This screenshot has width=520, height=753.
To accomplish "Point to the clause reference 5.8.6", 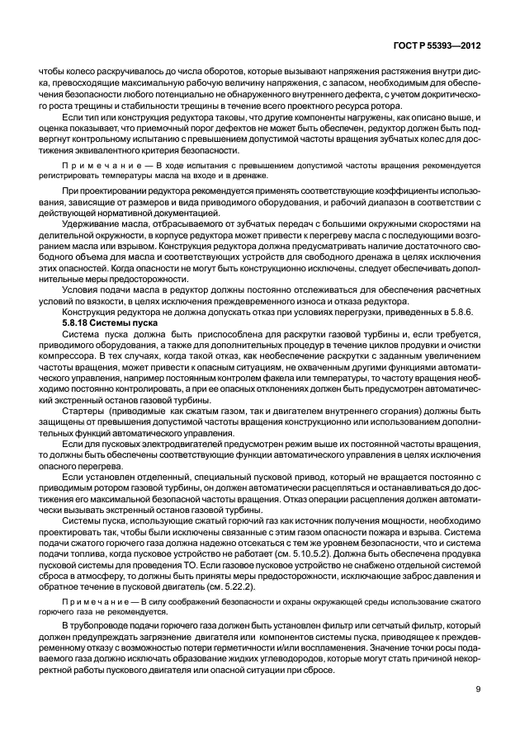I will click(466, 311).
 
